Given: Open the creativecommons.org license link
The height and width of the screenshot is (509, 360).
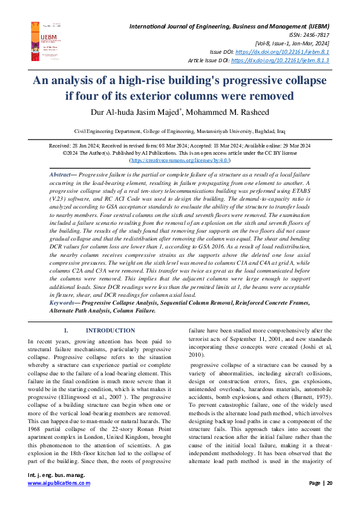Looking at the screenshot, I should (180, 161).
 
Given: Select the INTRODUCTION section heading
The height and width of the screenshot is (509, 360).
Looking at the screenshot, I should (110, 331).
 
